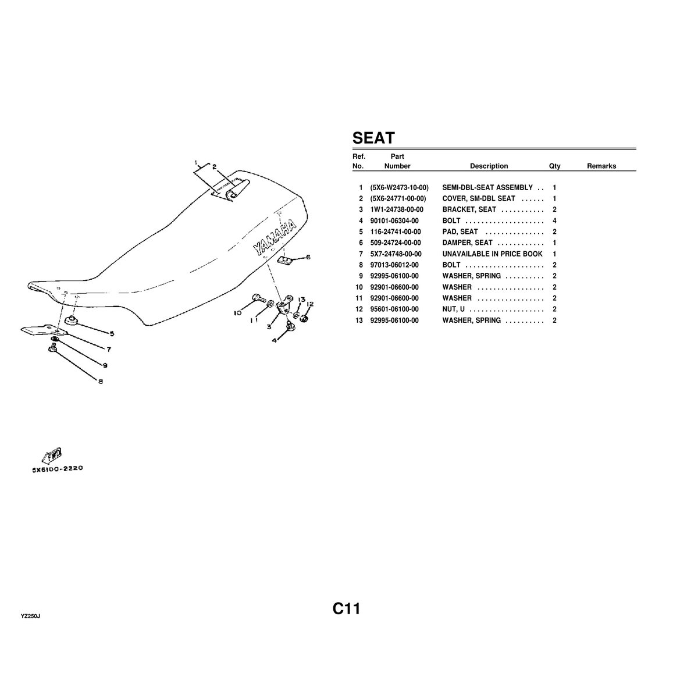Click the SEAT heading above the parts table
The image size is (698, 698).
tap(373, 138)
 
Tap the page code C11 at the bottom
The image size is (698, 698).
tap(347, 609)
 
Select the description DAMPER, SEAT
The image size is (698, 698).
tap(467, 243)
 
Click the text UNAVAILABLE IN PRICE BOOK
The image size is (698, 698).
tap(492, 254)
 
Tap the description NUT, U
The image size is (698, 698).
tap(454, 309)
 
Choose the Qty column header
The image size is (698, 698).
tap(554, 166)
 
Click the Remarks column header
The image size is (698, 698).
tap(601, 166)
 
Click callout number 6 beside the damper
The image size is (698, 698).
tap(308, 257)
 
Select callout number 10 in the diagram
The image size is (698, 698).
tap(238, 313)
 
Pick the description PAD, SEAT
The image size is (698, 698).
tap(460, 232)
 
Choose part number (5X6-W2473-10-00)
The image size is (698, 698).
tap(399, 187)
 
